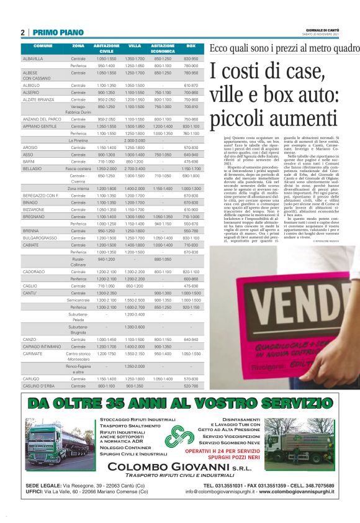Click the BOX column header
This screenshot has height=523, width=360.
point(191,46)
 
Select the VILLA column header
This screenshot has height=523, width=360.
point(135,46)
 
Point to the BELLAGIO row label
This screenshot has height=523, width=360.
point(32,168)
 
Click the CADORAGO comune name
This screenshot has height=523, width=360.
point(34,271)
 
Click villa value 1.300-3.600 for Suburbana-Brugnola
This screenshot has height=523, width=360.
point(135,327)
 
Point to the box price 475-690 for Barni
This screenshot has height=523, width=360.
point(191,161)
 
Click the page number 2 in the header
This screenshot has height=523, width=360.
point(22,32)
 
